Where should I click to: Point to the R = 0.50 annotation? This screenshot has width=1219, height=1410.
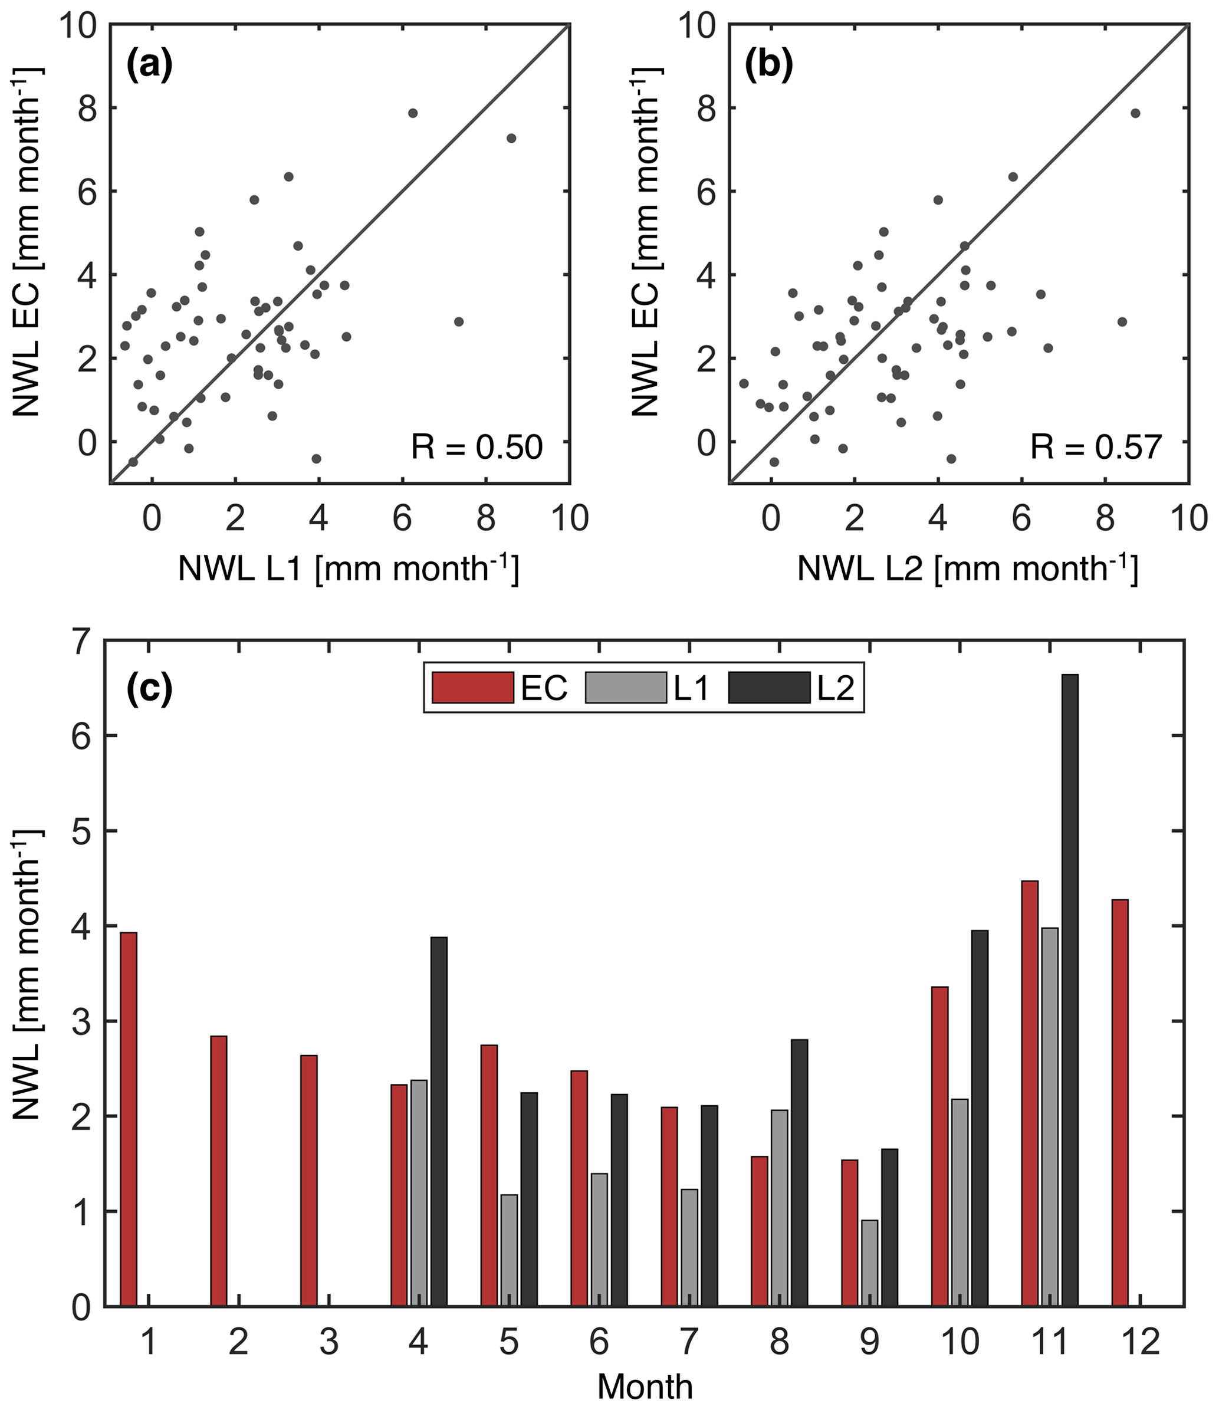tap(477, 447)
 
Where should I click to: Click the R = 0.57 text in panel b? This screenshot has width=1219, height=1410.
tap(1095, 447)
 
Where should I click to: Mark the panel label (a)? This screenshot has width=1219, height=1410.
tap(150, 66)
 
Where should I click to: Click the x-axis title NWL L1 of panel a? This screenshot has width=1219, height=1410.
tap(348, 569)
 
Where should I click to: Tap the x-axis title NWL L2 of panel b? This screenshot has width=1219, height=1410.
tap(967, 569)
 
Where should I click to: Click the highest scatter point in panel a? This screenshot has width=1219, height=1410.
tap(412, 113)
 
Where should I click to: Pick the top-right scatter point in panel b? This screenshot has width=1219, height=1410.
tap(1135, 113)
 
